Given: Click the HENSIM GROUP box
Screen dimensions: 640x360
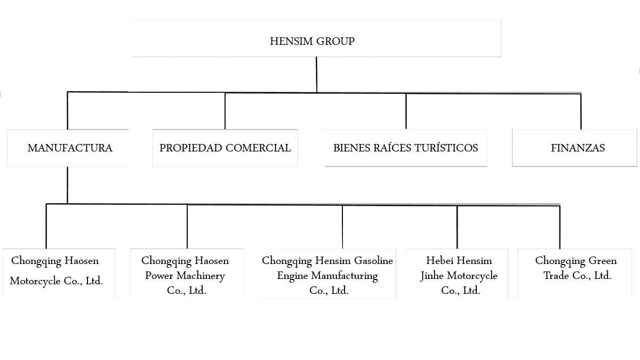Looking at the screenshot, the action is point(316,38).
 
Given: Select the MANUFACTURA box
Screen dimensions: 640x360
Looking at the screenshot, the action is point(68,148).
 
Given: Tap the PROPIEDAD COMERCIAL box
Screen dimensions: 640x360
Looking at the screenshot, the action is point(225,148).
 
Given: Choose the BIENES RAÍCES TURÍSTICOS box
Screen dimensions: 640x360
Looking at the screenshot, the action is point(406,148).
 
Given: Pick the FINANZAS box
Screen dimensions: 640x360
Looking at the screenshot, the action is point(574,148).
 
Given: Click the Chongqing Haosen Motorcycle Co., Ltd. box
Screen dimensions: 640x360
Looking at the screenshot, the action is point(59,274).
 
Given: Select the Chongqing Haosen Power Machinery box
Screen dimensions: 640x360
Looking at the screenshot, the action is point(187,274).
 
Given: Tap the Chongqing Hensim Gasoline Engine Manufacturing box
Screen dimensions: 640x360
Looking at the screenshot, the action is point(327,274).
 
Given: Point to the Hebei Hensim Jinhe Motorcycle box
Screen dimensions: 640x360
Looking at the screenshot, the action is point(458,274).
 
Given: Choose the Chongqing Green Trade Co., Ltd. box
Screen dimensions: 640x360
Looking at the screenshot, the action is point(574,274).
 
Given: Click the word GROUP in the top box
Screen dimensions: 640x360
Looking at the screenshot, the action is point(335,42).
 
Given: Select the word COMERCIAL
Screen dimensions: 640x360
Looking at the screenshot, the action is point(258,148).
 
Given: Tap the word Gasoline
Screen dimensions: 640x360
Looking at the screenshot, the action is point(373,261).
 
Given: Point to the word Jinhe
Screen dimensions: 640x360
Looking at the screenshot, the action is point(432,276).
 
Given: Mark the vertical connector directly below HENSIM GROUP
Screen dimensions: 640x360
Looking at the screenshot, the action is point(317,75).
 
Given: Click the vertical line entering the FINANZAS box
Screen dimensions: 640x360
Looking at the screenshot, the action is point(581,111).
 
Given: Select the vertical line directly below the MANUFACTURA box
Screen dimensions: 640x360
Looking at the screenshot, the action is point(67,185).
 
